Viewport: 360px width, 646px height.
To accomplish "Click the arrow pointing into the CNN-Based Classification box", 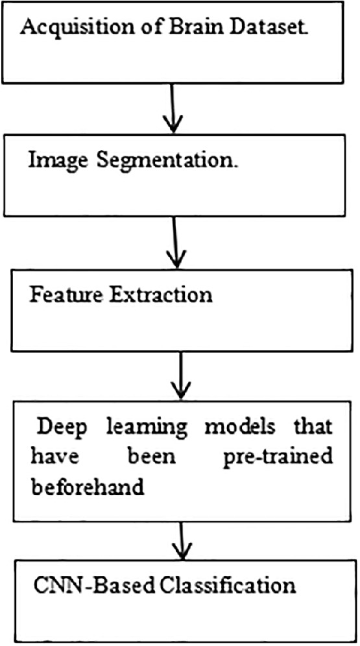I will click(x=183, y=536).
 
